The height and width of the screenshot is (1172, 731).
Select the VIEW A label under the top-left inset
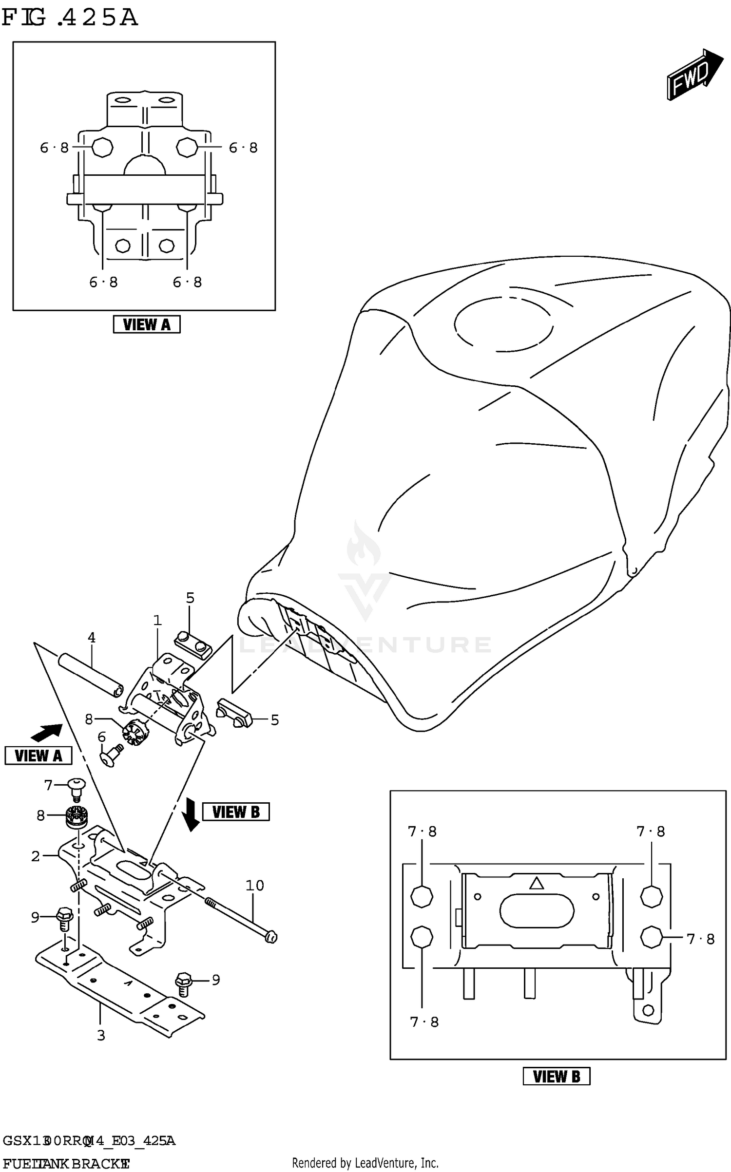click(146, 324)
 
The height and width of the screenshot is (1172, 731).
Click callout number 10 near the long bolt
click(254, 885)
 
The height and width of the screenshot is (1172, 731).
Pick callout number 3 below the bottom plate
click(101, 1035)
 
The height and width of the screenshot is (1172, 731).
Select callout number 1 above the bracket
click(157, 620)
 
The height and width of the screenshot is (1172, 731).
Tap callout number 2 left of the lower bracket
click(36, 856)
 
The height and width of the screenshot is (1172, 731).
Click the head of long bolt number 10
click(271, 937)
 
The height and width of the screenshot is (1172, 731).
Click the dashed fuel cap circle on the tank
click(503, 324)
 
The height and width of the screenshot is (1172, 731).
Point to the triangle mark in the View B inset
click(536, 883)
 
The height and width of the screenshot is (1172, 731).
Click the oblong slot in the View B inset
click(536, 911)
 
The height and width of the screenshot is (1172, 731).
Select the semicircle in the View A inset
click(145, 166)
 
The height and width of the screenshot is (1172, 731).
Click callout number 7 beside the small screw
click(48, 785)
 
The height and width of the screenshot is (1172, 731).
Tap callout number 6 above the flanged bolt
click(101, 737)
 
